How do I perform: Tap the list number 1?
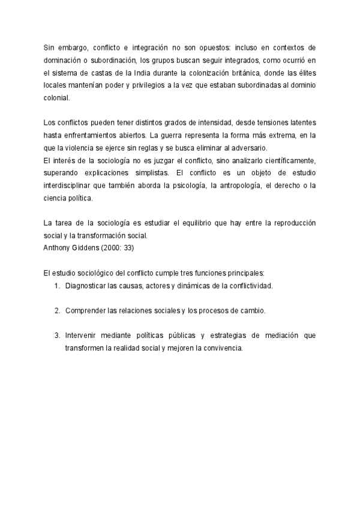pos(56,286)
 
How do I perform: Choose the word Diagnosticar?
pos(86,286)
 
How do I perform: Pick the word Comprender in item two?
pos(85,311)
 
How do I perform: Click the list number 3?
pos(56,336)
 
